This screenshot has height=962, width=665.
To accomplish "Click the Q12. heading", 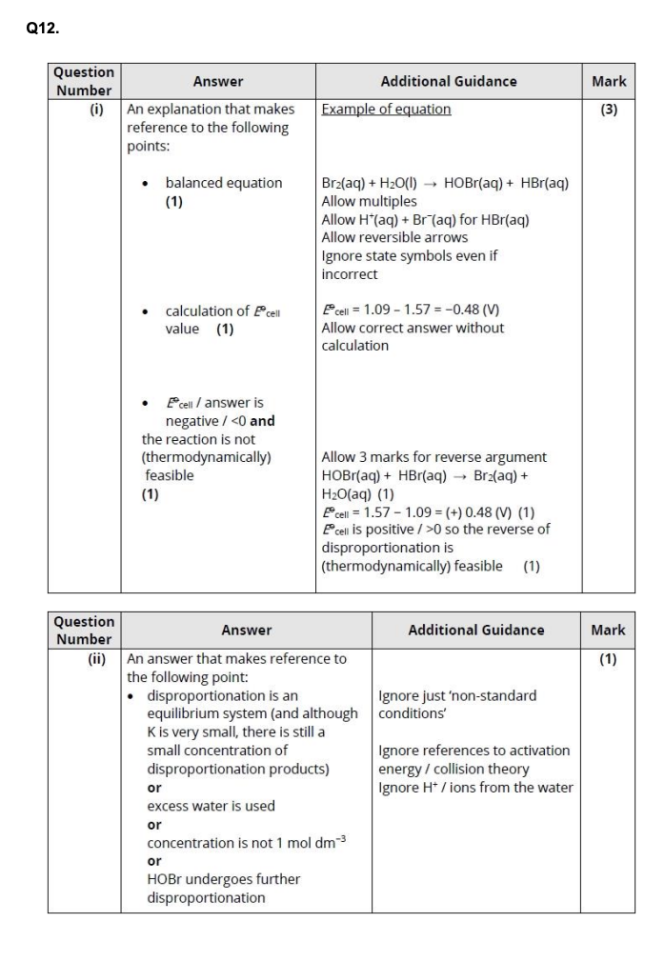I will (43, 29).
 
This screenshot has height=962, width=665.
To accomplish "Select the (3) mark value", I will (608, 110).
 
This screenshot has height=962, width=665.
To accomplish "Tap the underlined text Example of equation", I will (386, 110).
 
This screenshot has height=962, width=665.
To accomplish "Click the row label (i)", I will (96, 110).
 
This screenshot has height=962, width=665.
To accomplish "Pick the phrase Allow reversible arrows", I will (394, 237).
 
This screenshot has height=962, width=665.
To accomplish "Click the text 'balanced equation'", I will (224, 183).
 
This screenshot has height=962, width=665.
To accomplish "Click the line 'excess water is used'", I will (211, 806).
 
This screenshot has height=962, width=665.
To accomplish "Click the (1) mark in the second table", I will (607, 658).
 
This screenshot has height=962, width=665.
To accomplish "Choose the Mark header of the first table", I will (608, 82).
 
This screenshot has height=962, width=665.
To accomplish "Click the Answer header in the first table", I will (218, 82).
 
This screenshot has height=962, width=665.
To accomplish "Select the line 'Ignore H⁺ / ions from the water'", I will (475, 787).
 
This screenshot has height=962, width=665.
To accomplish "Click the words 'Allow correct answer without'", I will (413, 329).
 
